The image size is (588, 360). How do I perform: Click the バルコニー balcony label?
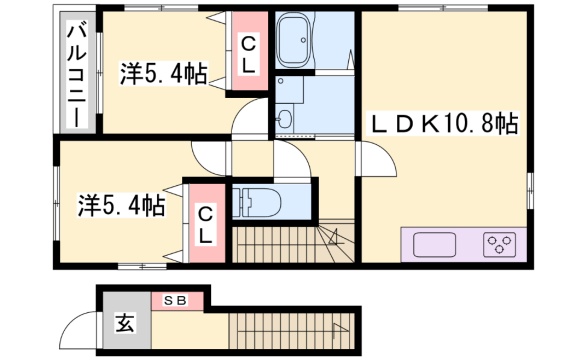[77, 74]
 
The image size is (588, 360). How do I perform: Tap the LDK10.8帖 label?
[445, 124]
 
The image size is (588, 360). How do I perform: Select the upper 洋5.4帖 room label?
[164, 74]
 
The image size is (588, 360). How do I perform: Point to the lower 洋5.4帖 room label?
[122, 205]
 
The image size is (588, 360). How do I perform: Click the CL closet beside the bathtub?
[249, 51]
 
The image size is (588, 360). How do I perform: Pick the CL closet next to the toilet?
[206, 223]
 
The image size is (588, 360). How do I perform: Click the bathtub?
[294, 39]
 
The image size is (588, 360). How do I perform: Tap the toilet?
[256, 203]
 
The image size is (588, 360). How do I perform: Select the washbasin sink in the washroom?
[285, 118]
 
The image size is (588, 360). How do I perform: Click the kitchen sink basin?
[435, 244]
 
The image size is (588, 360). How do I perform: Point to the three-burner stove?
[500, 244]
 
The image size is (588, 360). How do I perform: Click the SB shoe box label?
[176, 300]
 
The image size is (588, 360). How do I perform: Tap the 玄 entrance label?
[125, 323]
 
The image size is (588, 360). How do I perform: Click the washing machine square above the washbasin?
[290, 90]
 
